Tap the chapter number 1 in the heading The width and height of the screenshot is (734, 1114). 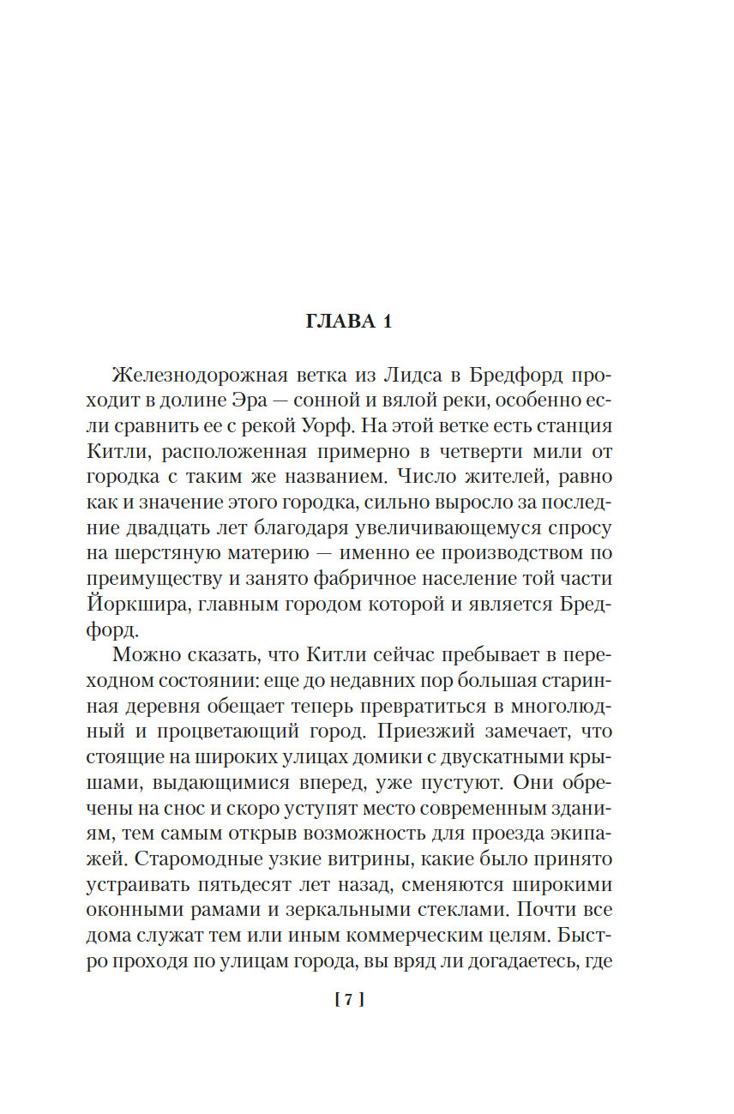point(387,322)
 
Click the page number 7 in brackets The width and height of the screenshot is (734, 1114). point(350,999)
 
